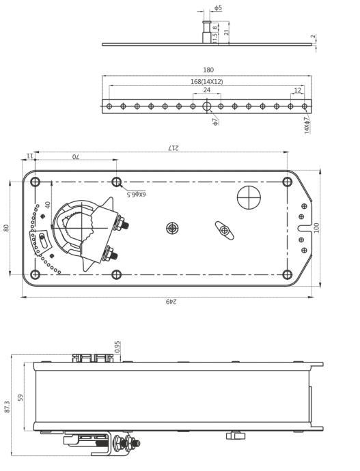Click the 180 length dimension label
coord(208,70)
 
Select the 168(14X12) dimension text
coord(207,81)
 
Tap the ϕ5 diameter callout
coord(218,8)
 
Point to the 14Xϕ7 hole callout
coord(307,126)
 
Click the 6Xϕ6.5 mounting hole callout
coord(136,195)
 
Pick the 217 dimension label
coord(174,148)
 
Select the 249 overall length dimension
coord(171,301)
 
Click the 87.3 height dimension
coord(7,407)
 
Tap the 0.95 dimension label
coord(117,347)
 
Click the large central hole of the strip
coord(207,106)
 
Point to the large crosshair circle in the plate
coord(249,197)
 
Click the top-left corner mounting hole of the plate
coord(35,182)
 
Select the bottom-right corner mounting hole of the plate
coord(288,274)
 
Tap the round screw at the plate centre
coord(172,228)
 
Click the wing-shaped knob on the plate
coord(225,231)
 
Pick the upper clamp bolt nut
coord(121,223)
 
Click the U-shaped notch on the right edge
coord(305,228)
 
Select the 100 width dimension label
coord(316,228)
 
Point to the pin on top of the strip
coord(207,32)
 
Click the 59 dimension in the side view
coord(20,397)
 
